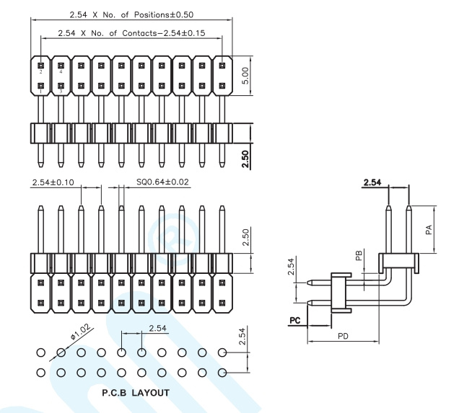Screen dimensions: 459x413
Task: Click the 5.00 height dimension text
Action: pyautogui.click(x=245, y=76)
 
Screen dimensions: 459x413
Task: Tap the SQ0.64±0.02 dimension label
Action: pyautogui.click(x=162, y=182)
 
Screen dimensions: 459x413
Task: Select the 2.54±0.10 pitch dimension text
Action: pyautogui.click(x=53, y=182)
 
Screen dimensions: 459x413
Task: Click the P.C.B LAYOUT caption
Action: pyautogui.click(x=136, y=393)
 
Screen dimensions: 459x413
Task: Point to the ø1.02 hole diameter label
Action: pyautogui.click(x=81, y=332)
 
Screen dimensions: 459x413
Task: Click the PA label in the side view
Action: pyautogui.click(x=429, y=229)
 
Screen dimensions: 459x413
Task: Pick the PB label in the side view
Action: pyautogui.click(x=359, y=255)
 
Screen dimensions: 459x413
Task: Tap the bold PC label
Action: pyautogui.click(x=294, y=320)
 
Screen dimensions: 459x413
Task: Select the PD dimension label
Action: pyautogui.click(x=343, y=336)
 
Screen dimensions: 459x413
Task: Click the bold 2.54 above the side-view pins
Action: pyautogui.click(x=372, y=182)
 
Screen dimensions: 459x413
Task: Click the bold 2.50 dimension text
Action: pyautogui.click(x=245, y=159)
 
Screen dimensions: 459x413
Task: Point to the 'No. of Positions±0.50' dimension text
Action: pyautogui.click(x=148, y=14)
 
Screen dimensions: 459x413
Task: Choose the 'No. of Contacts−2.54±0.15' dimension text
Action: pyautogui.click(x=148, y=33)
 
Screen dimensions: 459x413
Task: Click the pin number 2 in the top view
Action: pyautogui.click(x=40, y=71)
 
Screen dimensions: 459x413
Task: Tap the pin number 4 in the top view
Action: pyautogui.click(x=61, y=71)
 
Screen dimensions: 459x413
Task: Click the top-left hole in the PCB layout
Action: pyautogui.click(x=41, y=352)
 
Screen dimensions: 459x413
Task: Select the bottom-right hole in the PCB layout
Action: pyautogui.click(x=222, y=373)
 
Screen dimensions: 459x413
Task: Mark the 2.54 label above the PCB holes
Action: pyautogui.click(x=157, y=328)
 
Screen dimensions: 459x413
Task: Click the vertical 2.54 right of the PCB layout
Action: pyautogui.click(x=242, y=337)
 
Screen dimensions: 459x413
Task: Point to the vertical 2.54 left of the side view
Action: pyautogui.click(x=291, y=266)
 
